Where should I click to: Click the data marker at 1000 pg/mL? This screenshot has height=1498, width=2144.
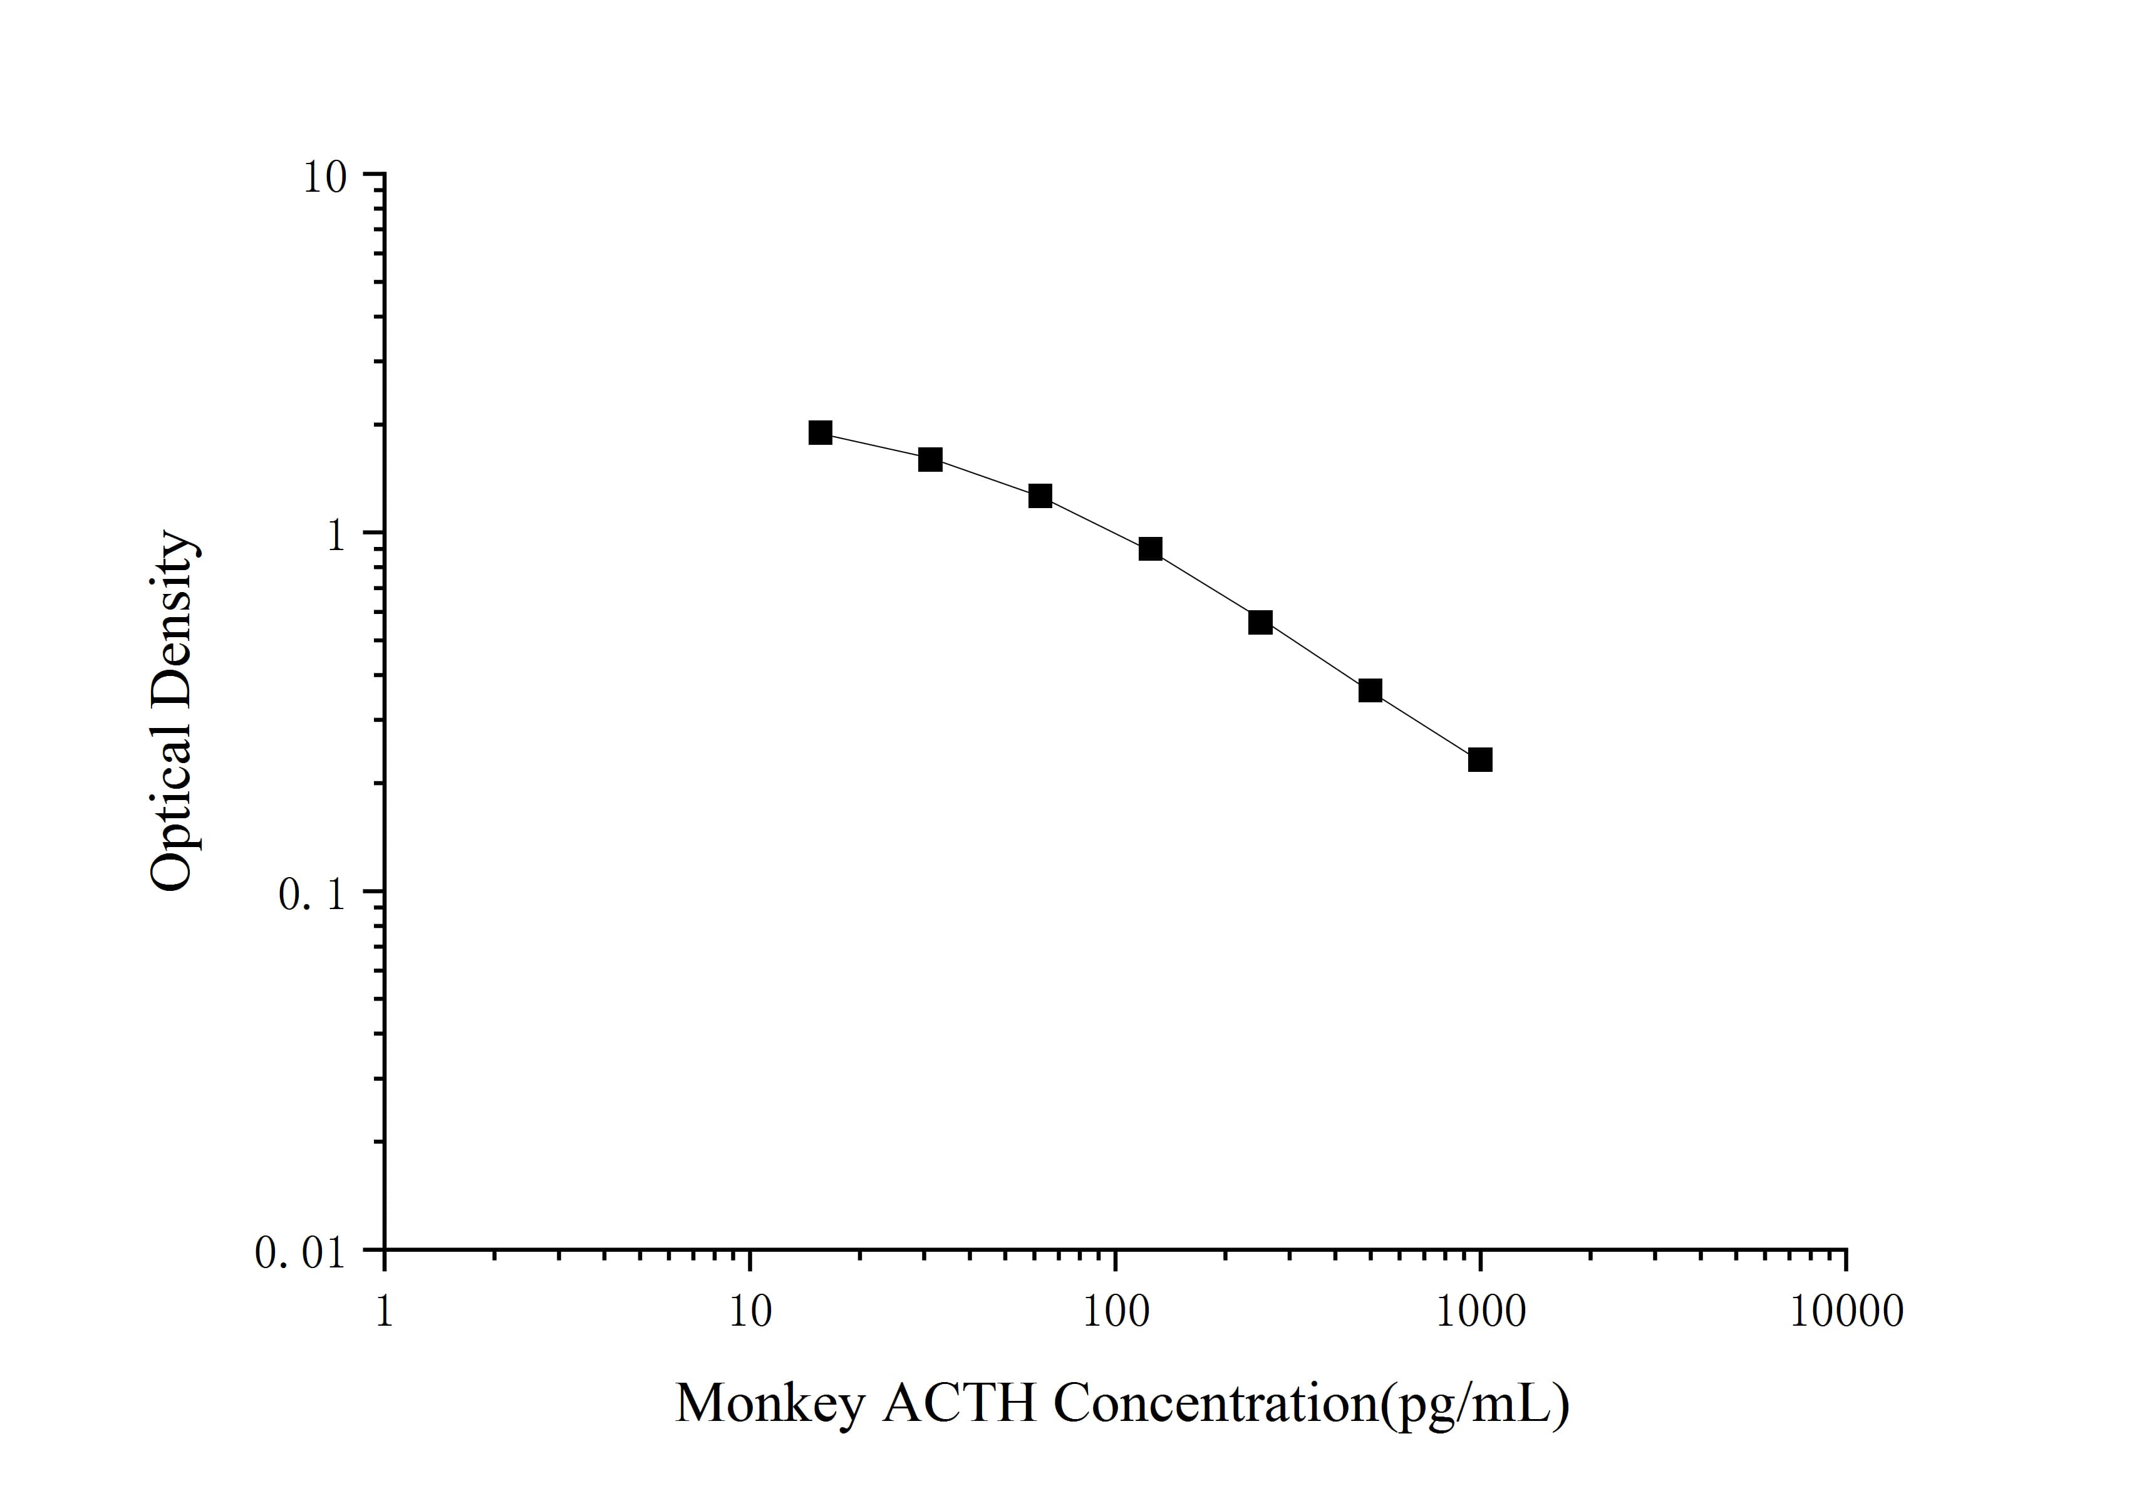click(1480, 759)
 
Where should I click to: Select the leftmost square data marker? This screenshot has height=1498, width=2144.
click(820, 432)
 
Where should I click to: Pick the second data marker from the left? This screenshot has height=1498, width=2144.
click(930, 459)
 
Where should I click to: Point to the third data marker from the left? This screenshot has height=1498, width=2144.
click(1040, 496)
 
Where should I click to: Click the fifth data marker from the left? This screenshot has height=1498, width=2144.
click(1261, 622)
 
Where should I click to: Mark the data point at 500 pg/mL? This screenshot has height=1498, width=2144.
click(1370, 690)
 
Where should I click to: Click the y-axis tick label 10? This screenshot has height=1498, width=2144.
click(324, 177)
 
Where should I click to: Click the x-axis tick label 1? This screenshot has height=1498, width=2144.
click(384, 1312)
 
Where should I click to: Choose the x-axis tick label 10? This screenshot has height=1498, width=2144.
click(750, 1312)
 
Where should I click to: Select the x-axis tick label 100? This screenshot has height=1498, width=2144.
click(1115, 1312)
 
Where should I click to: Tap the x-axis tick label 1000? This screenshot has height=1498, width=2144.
click(1480, 1312)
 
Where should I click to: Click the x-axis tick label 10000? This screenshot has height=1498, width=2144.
click(1846, 1312)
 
